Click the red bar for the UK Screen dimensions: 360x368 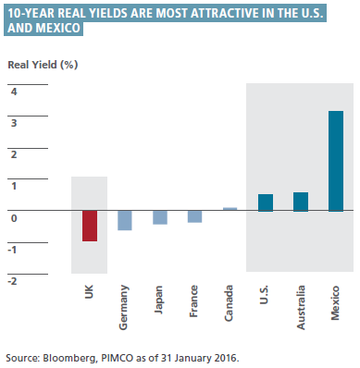(90, 226)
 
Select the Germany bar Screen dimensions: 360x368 (125, 220)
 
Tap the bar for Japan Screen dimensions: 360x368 (160, 217)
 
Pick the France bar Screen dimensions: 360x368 (195, 216)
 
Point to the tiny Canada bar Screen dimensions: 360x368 (230, 209)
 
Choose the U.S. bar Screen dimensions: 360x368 (266, 202)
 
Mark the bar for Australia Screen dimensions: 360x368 (301, 202)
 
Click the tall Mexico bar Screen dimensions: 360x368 (336, 161)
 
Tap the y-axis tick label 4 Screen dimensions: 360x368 (14, 92)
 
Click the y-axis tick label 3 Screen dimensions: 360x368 (14, 123)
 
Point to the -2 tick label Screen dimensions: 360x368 (13, 281)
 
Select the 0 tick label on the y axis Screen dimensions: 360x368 (14, 218)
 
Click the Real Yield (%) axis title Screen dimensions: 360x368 (43, 65)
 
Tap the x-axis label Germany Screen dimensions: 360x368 (124, 308)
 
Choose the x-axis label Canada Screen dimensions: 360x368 (229, 303)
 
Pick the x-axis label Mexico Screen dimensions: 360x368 (335, 303)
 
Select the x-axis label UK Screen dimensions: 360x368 (89, 291)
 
